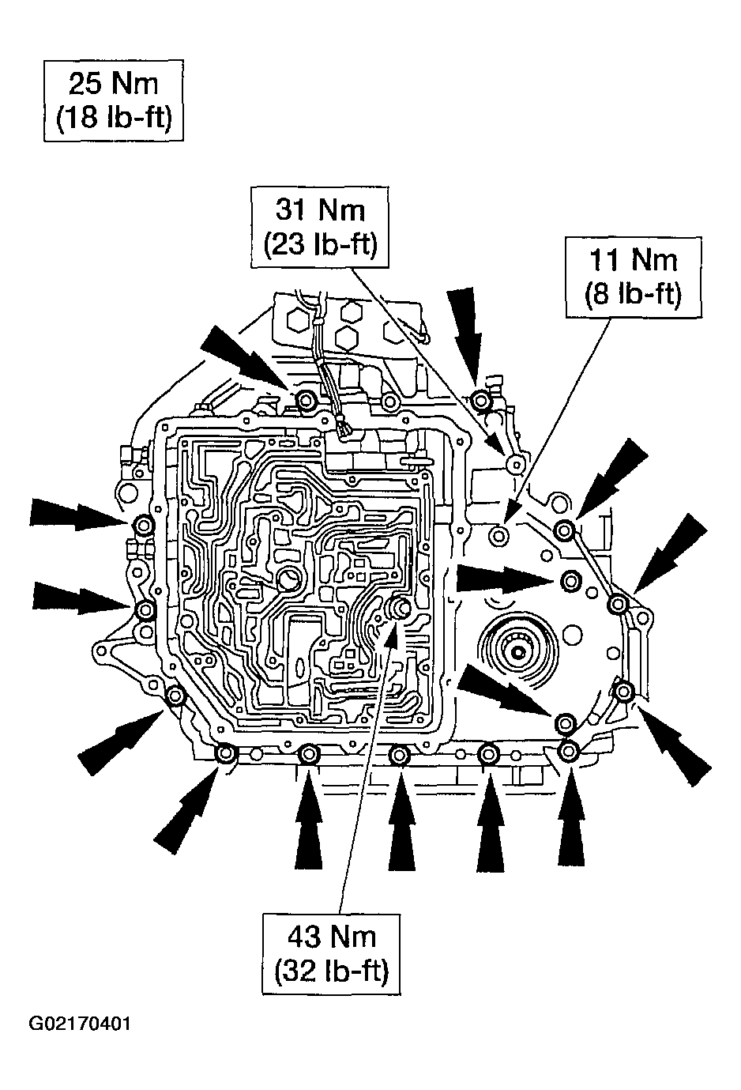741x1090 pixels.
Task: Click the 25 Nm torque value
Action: pyautogui.click(x=113, y=84)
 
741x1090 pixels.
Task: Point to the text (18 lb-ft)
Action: pyautogui.click(x=113, y=118)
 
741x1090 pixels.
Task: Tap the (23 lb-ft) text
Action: pyautogui.click(x=320, y=243)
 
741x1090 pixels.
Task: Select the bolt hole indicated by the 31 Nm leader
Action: pyautogui.click(x=517, y=463)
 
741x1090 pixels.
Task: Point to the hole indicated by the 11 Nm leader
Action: pyautogui.click(x=497, y=537)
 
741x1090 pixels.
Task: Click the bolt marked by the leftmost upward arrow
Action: pyautogui.click(x=309, y=755)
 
